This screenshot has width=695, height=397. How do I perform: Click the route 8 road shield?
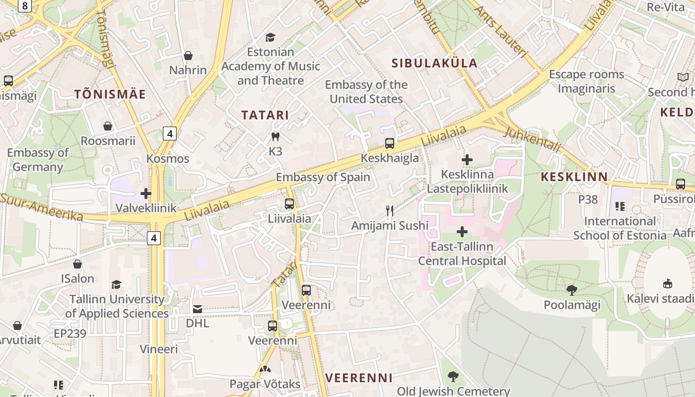(25, 5)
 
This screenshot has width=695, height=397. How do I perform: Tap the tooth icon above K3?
(275, 136)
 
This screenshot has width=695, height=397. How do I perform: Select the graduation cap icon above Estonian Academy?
(270, 37)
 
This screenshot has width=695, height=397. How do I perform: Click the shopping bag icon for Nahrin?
(188, 56)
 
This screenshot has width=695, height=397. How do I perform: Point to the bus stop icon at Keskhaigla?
(390, 143)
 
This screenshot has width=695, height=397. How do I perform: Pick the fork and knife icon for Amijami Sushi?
(390, 211)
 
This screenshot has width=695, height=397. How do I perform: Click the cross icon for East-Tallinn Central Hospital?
(462, 232)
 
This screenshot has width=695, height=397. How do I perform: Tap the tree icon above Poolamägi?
(571, 290)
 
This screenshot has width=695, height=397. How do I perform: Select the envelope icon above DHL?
(198, 309)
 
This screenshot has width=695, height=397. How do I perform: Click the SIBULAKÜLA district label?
(434, 63)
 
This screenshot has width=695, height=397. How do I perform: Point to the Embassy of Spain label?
(323, 177)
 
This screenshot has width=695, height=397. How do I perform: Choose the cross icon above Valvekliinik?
(146, 193)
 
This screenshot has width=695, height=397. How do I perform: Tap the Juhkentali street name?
(532, 139)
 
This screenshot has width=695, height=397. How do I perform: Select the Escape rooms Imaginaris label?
(586, 81)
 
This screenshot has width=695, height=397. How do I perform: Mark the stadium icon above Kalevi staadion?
(668, 284)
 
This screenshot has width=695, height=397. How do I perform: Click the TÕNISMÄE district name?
(110, 94)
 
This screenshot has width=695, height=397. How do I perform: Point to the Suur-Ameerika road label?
(42, 207)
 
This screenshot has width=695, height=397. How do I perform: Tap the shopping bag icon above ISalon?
(77, 264)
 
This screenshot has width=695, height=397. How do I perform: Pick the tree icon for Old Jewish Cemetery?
(453, 376)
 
